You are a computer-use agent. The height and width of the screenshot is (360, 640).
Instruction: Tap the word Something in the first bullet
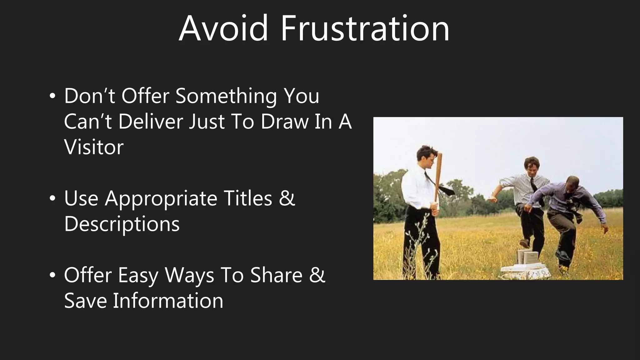click(x=226, y=96)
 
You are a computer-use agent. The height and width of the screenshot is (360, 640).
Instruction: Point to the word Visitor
click(x=94, y=147)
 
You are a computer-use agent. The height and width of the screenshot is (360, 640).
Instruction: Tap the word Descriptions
click(x=122, y=224)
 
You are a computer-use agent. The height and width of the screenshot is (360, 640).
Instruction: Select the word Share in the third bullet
click(x=276, y=275)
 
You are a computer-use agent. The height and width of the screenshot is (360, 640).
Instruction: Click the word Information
click(x=168, y=301)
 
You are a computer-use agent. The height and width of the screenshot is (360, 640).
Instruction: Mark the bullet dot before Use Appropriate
click(x=52, y=199)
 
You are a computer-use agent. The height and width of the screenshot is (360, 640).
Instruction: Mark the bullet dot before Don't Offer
click(x=52, y=96)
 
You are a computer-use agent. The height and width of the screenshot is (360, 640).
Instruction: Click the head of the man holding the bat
click(x=427, y=156)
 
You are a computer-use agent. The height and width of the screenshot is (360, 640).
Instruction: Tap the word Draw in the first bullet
click(x=284, y=122)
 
